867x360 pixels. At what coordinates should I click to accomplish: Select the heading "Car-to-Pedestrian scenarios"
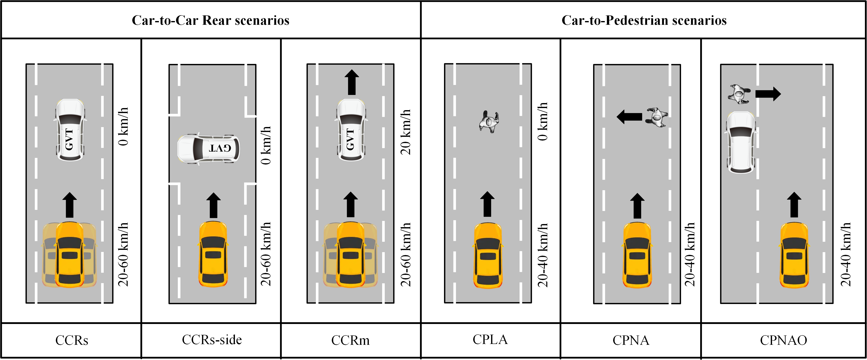(644, 20)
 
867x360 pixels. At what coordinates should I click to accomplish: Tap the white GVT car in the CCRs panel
(70, 130)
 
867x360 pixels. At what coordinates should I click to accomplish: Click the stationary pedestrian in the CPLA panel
(489, 122)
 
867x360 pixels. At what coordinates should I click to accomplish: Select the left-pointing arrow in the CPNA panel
(629, 117)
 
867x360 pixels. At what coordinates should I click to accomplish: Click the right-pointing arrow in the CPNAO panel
(768, 94)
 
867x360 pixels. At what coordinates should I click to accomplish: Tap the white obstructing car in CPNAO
(741, 143)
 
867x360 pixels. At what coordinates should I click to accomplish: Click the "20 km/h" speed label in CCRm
(405, 132)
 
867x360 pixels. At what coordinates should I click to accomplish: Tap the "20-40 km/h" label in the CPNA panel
(690, 254)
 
